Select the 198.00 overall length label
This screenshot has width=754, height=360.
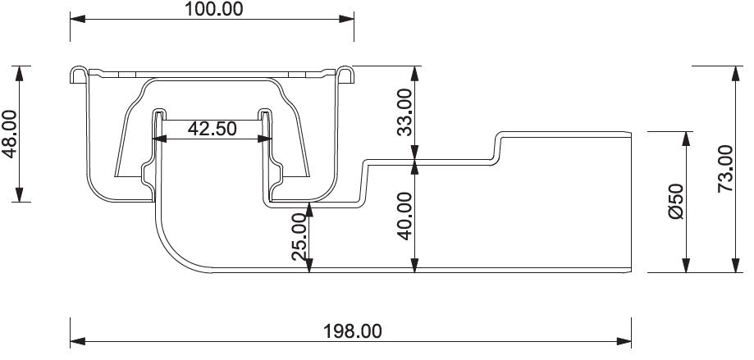point(351,330)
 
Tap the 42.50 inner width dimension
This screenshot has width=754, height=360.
point(212,129)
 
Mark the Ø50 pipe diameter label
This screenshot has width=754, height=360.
point(675,201)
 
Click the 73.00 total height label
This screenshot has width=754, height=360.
point(724,168)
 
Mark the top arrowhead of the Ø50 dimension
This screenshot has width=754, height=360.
point(687,138)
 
